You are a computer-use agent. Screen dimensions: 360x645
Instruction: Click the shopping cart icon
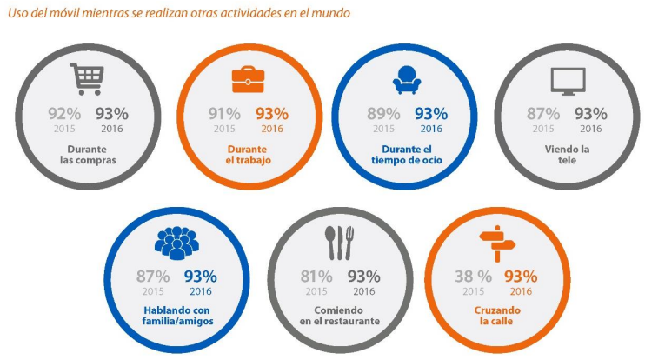click(x=85, y=79)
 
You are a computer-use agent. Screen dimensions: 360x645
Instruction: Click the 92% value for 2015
click(x=63, y=113)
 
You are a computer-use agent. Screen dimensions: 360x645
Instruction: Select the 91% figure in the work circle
click(x=224, y=113)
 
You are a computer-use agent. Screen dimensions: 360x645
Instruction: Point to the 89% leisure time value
click(x=384, y=113)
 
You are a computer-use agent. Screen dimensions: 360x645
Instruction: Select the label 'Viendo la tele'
click(x=568, y=154)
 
